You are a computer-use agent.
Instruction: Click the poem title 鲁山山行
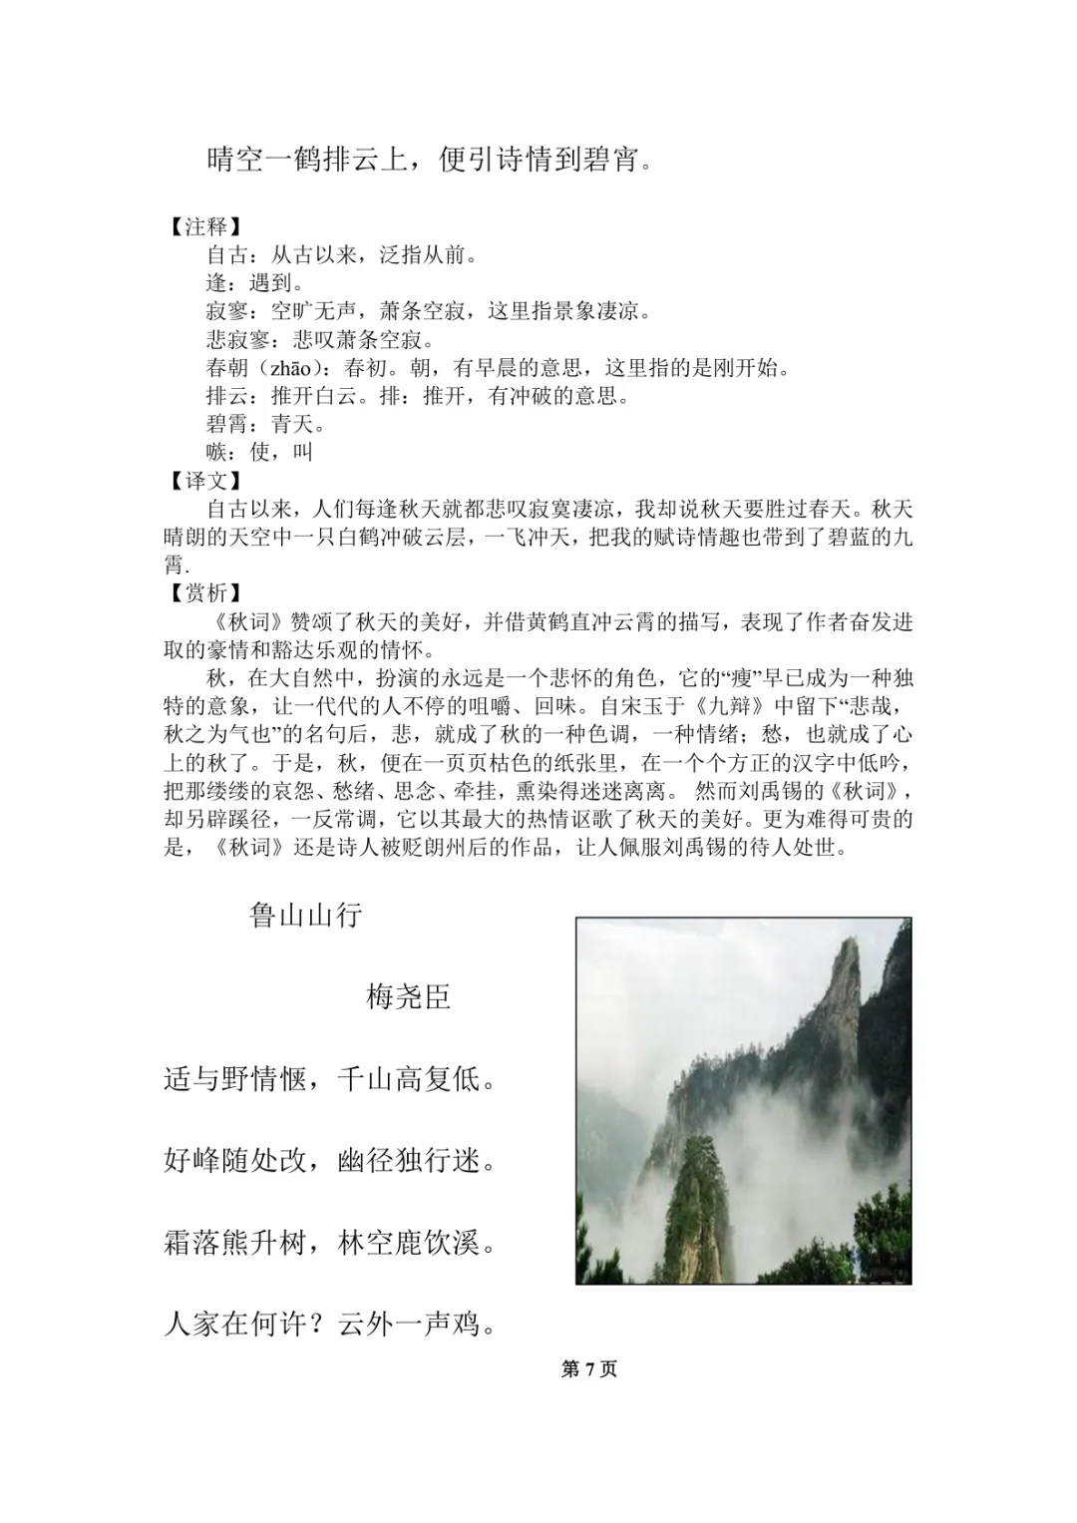point(305,915)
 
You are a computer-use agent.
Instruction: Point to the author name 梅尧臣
point(409,996)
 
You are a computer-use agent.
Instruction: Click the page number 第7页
point(589,1369)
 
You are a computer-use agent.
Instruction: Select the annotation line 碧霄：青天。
point(266,424)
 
